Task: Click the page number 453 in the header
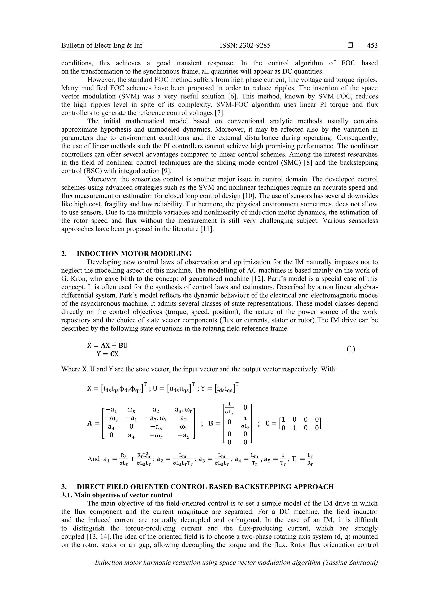click(372, 45)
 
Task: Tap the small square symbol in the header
click(350, 45)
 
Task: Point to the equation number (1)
click(351, 349)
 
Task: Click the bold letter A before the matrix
click(90, 423)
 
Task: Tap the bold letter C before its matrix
click(267, 423)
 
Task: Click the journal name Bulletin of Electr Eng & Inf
click(102, 45)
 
